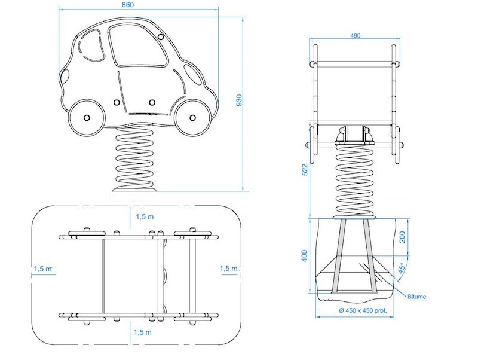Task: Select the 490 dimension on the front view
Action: tap(354, 36)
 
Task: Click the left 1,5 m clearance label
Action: tap(42, 269)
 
